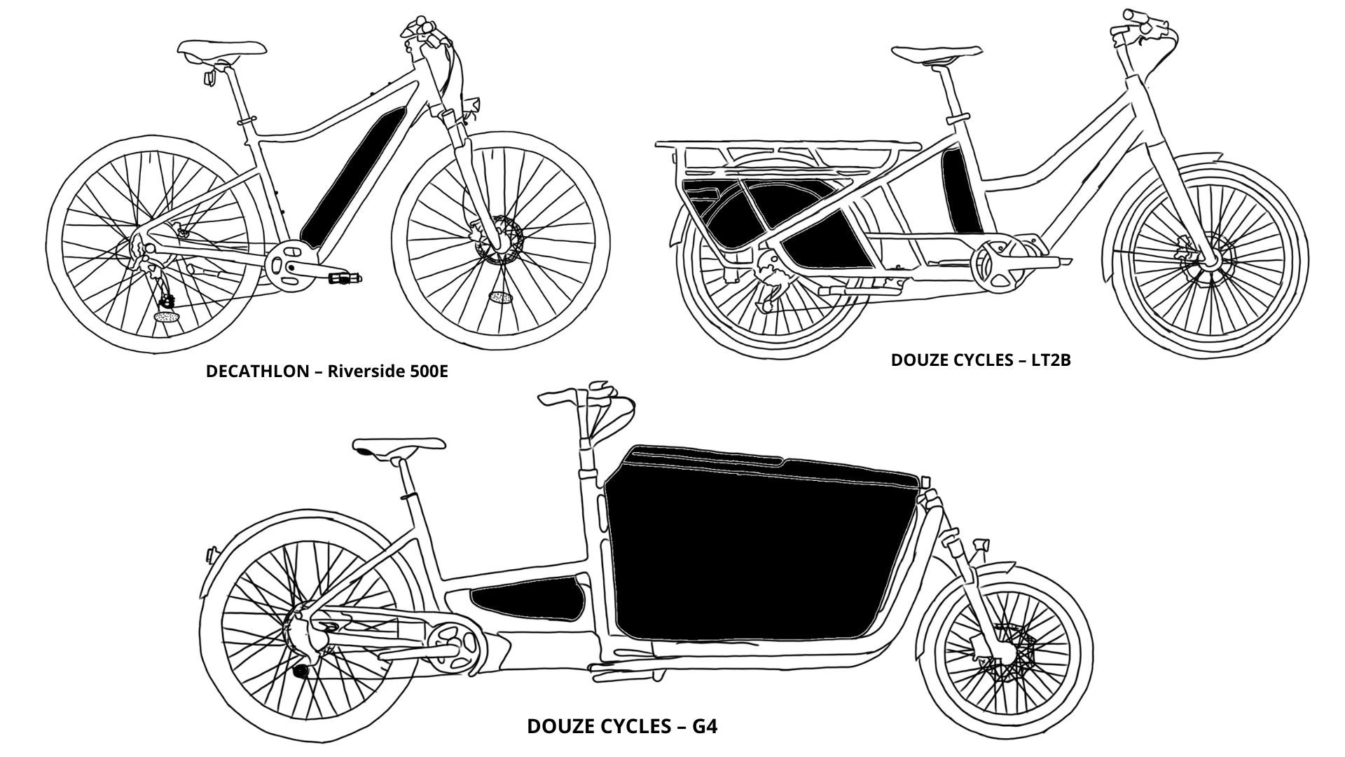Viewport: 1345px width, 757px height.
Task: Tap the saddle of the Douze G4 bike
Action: tap(399, 447)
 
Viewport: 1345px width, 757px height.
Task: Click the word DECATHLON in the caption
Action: tap(256, 371)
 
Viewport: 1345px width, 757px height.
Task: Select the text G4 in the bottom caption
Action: tap(705, 725)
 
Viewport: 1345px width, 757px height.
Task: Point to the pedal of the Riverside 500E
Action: tap(345, 279)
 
